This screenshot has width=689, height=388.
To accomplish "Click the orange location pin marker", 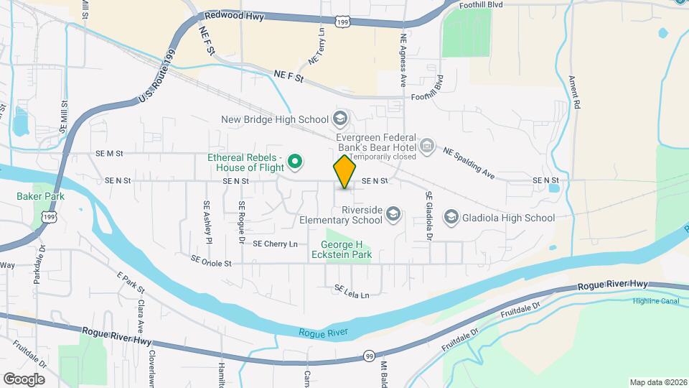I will (x=345, y=172).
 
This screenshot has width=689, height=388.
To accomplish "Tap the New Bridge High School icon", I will (x=340, y=119).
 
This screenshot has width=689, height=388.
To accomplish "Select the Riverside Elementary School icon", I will (x=393, y=213).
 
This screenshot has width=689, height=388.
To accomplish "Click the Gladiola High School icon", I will (x=451, y=217).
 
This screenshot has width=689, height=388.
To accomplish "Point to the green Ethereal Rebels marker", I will (x=294, y=161).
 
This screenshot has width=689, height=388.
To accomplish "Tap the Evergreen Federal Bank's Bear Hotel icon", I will (x=427, y=147).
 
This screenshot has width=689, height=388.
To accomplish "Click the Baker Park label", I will (x=41, y=196).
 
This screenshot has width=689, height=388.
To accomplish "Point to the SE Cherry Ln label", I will (x=275, y=244).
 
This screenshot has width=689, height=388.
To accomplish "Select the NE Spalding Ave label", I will (x=469, y=162).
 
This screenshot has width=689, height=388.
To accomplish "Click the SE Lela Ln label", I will (x=352, y=292).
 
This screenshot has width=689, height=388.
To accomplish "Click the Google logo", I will (x=24, y=379).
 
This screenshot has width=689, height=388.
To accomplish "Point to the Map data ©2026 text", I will (x=657, y=382).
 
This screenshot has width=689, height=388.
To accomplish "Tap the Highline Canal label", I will (x=656, y=301).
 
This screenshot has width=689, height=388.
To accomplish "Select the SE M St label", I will (x=109, y=153).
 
